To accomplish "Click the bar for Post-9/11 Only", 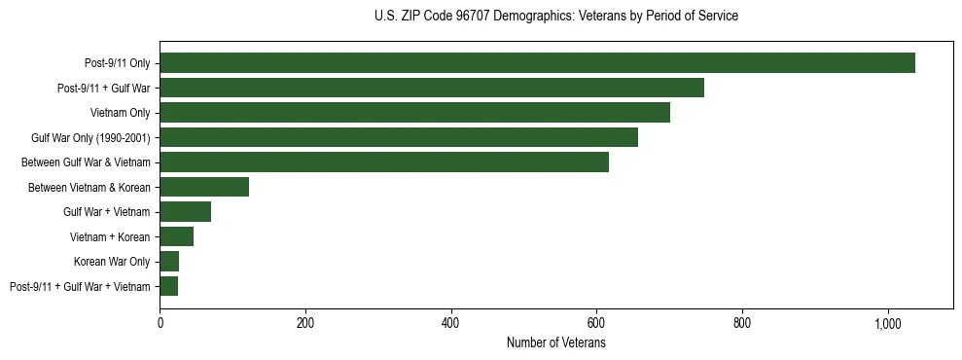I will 537,63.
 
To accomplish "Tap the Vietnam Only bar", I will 414,113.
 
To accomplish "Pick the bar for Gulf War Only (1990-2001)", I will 399,137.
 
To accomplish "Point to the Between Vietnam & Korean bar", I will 204,187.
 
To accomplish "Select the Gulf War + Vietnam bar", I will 185,211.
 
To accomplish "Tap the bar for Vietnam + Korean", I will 176,236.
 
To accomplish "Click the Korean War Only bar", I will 169,261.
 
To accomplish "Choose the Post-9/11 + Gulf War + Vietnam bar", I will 168,286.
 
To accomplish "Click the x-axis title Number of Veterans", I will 555,342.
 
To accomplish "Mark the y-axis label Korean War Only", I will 112,262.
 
